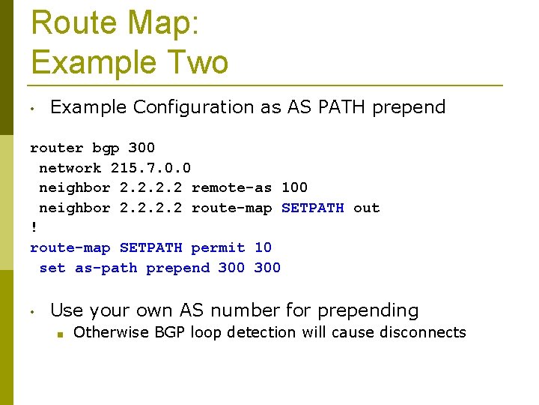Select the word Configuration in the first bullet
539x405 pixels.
click(193, 107)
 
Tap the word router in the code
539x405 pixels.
click(57, 148)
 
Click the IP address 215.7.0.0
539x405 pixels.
click(150, 168)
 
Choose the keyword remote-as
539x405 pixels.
click(231, 187)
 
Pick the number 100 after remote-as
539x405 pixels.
click(294, 187)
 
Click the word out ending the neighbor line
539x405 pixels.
click(366, 208)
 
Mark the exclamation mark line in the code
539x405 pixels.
click(34, 227)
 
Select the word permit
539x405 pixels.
click(218, 247)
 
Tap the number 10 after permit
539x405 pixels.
click(263, 247)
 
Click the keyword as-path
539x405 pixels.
click(106, 268)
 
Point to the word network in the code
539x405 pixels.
click(70, 168)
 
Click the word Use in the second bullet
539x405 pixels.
click(66, 310)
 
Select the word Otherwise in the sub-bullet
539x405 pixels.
click(111, 332)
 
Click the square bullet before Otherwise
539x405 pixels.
click(58, 334)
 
